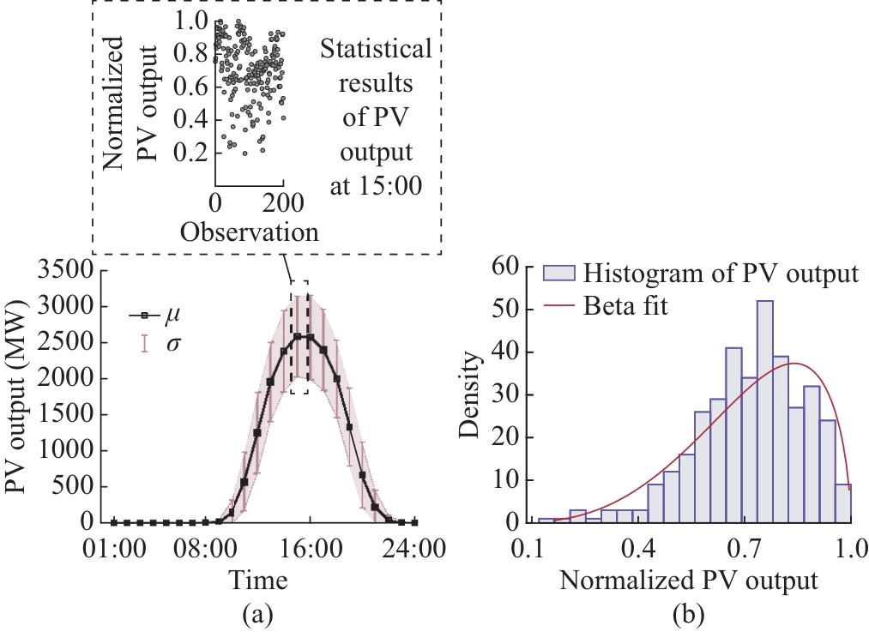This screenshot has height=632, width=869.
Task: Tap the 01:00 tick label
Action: [113, 548]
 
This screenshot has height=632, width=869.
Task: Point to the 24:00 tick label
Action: [414, 548]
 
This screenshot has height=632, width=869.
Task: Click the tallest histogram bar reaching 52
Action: [765, 412]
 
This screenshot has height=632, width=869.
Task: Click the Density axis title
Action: [470, 396]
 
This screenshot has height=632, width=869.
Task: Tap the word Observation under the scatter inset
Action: [250, 232]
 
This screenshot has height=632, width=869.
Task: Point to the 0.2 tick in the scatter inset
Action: [191, 153]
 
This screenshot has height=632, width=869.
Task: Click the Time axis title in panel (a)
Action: [257, 581]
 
